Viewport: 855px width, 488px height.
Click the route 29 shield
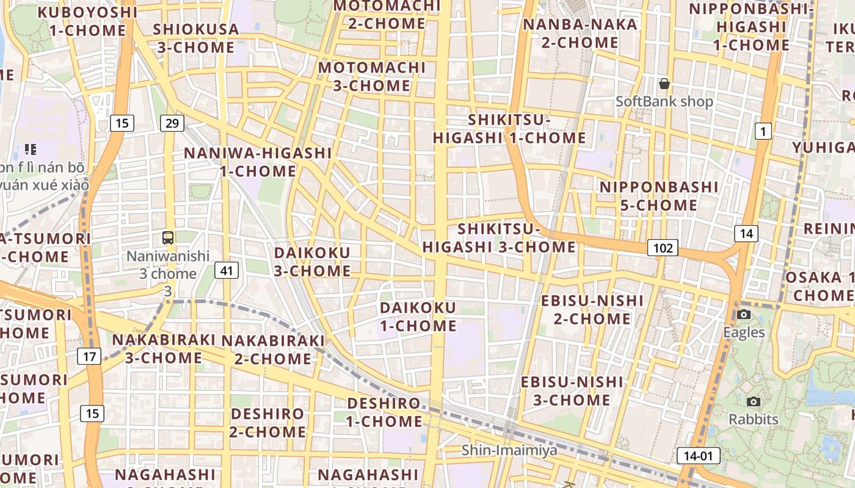172,123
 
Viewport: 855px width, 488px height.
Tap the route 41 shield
227,270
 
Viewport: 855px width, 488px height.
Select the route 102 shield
663,248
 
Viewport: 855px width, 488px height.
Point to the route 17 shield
89,356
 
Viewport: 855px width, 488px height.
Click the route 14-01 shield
698,456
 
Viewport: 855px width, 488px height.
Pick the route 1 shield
763,131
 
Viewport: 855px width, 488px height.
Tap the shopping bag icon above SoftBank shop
664,84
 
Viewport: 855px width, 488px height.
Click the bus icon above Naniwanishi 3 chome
168,238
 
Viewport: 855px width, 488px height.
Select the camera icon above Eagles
744,315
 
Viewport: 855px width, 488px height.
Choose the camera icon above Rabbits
754,401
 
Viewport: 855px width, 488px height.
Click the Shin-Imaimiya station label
509,450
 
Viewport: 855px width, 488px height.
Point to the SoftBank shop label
664,101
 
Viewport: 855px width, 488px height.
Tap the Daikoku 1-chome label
418,317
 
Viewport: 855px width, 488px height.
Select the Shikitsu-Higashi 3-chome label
499,238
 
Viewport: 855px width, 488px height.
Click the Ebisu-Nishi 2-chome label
592,309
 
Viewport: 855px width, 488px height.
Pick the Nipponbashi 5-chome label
659,196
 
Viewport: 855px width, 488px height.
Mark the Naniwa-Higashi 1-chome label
258,162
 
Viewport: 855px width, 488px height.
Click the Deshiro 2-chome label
268,423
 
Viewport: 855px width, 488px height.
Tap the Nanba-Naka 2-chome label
580,34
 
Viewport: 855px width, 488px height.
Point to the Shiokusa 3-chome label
196,38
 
